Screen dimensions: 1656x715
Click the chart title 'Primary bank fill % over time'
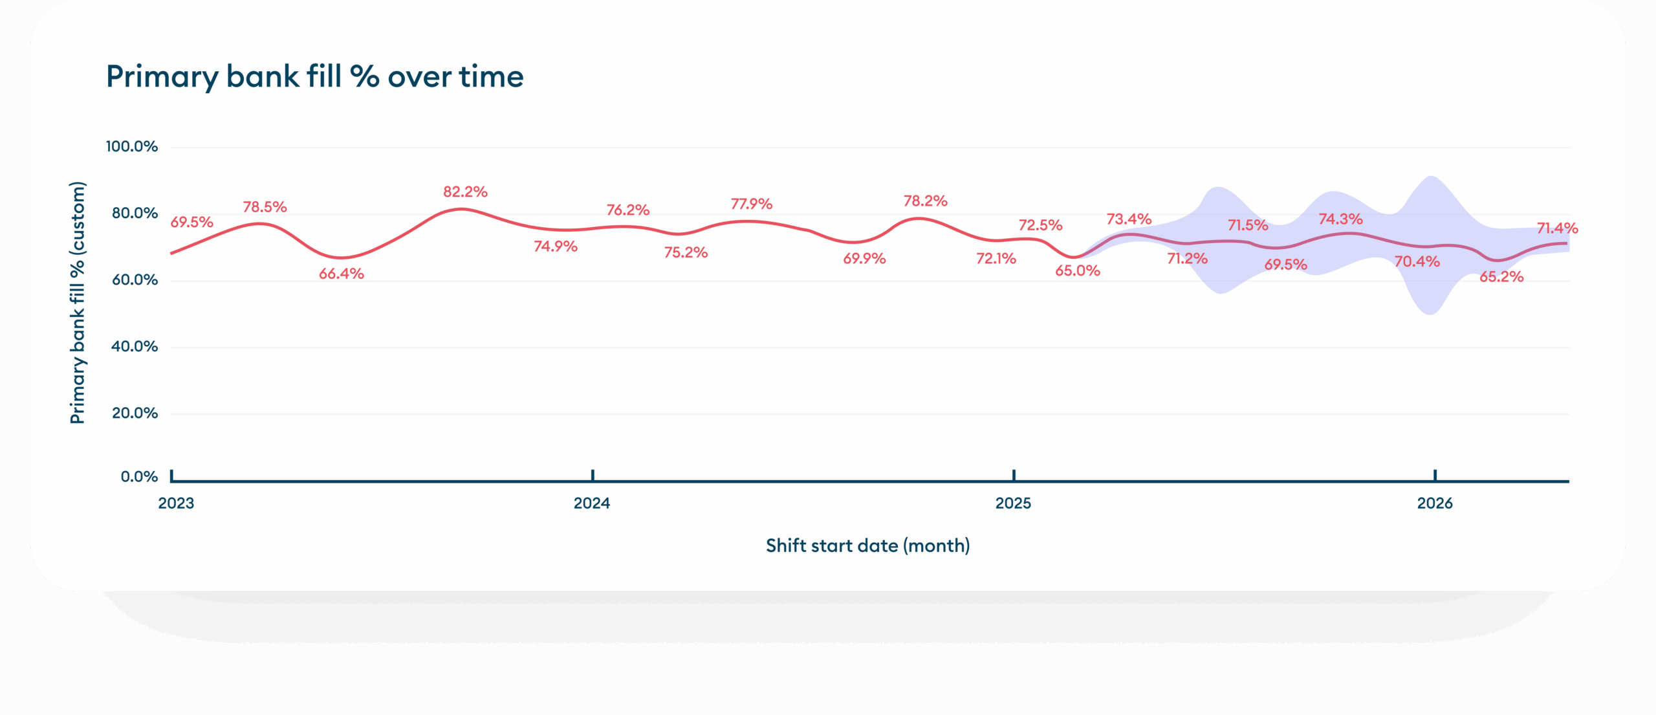point(314,77)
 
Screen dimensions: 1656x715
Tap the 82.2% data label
point(465,192)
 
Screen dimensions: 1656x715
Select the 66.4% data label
point(342,274)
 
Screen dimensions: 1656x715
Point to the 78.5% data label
point(265,207)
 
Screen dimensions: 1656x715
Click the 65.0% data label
point(1078,271)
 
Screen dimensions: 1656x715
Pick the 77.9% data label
point(752,204)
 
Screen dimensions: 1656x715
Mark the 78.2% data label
point(926,201)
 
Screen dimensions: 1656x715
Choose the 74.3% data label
point(1341,219)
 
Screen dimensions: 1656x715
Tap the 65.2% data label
point(1501,277)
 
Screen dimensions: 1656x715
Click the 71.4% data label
point(1558,228)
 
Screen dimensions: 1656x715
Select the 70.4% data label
point(1417,262)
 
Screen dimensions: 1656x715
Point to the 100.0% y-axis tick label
point(132,147)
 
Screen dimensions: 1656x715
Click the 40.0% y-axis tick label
point(135,347)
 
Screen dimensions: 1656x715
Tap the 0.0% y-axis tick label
point(139,477)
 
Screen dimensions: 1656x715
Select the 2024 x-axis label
point(592,503)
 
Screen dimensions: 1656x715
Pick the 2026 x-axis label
point(1435,503)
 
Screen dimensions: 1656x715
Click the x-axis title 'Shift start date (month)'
point(868,546)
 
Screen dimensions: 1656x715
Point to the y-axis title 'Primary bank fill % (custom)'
point(78,303)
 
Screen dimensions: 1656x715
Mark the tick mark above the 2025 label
point(1014,475)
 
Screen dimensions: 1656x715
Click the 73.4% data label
point(1129,219)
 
